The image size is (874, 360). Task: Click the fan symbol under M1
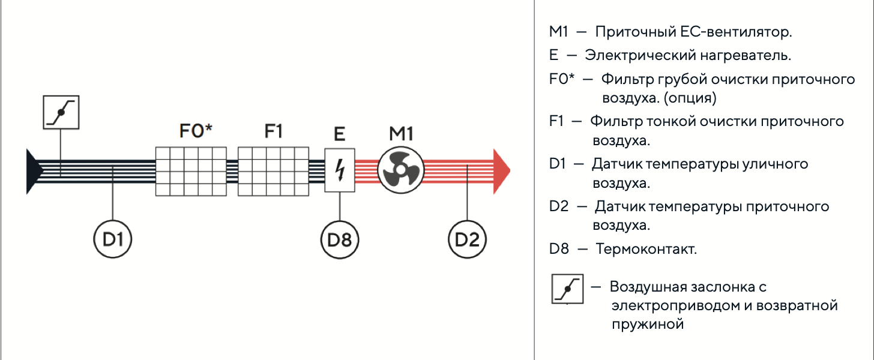click(x=401, y=170)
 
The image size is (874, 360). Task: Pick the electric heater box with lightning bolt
click(x=340, y=170)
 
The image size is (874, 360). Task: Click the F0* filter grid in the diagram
click(x=191, y=171)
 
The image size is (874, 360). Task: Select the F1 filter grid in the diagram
click(x=273, y=171)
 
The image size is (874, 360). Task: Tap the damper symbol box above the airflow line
click(x=61, y=112)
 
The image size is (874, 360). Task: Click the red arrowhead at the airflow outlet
click(x=502, y=171)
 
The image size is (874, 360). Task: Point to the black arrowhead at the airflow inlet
click(x=34, y=171)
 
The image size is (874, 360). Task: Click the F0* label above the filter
click(x=196, y=131)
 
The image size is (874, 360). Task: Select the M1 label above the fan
click(x=401, y=134)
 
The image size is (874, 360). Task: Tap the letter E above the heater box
click(x=340, y=134)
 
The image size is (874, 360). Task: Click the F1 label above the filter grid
click(x=273, y=131)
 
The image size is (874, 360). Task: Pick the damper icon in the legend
click(x=567, y=289)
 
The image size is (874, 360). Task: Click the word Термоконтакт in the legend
click(x=646, y=249)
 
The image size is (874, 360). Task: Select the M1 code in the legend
click(x=558, y=32)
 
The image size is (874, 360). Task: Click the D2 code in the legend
click(x=559, y=206)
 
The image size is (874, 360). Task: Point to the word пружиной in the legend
click(x=648, y=325)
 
